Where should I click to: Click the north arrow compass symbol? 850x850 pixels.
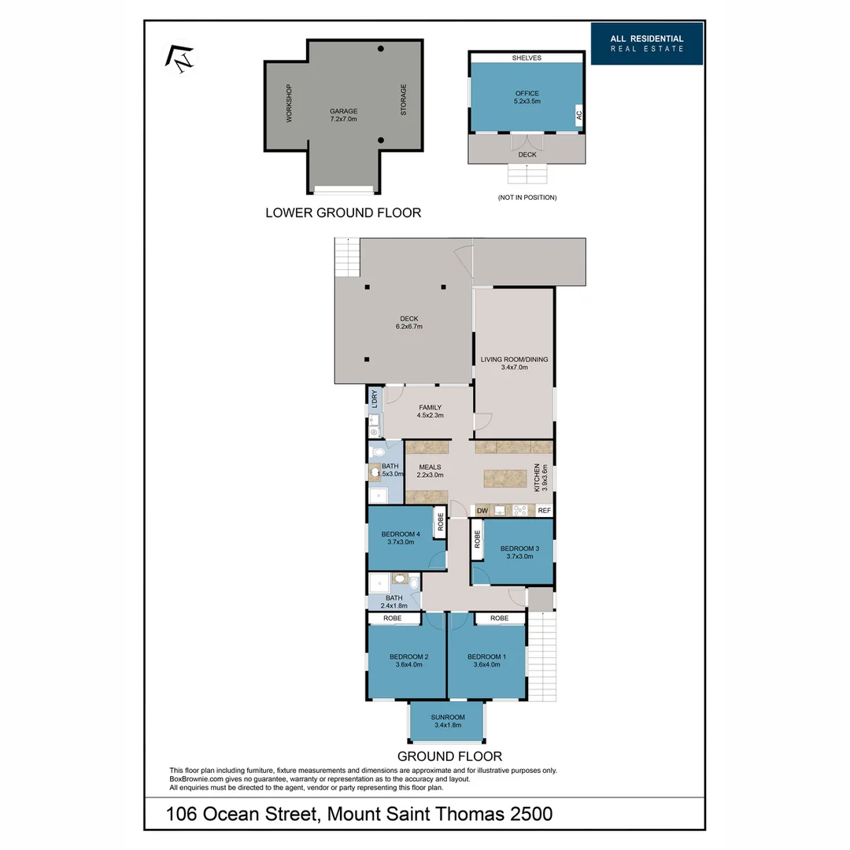coord(179,59)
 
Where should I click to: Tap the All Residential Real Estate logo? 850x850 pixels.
coord(647,44)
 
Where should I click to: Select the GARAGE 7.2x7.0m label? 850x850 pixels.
coord(343,115)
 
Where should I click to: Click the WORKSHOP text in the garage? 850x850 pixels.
coord(290,103)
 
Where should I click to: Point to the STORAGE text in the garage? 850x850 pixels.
coord(404,100)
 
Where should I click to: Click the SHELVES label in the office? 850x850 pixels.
coord(527,58)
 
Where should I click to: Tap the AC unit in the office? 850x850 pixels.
coord(578,115)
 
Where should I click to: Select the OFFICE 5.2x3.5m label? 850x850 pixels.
coord(527,97)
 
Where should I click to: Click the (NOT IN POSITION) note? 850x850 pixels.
coord(527,198)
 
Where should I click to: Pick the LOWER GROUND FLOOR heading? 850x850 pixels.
coord(343,213)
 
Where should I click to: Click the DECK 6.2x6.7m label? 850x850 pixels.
coord(408,322)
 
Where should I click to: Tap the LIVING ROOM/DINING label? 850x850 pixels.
coord(514,363)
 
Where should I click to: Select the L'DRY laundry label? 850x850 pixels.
coord(375,398)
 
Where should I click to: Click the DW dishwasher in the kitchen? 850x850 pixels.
coord(482,511)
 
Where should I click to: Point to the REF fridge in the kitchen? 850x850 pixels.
coord(543,511)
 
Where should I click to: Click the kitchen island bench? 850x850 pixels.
coord(504,478)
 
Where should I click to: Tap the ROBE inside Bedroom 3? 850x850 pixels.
coord(477,540)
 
